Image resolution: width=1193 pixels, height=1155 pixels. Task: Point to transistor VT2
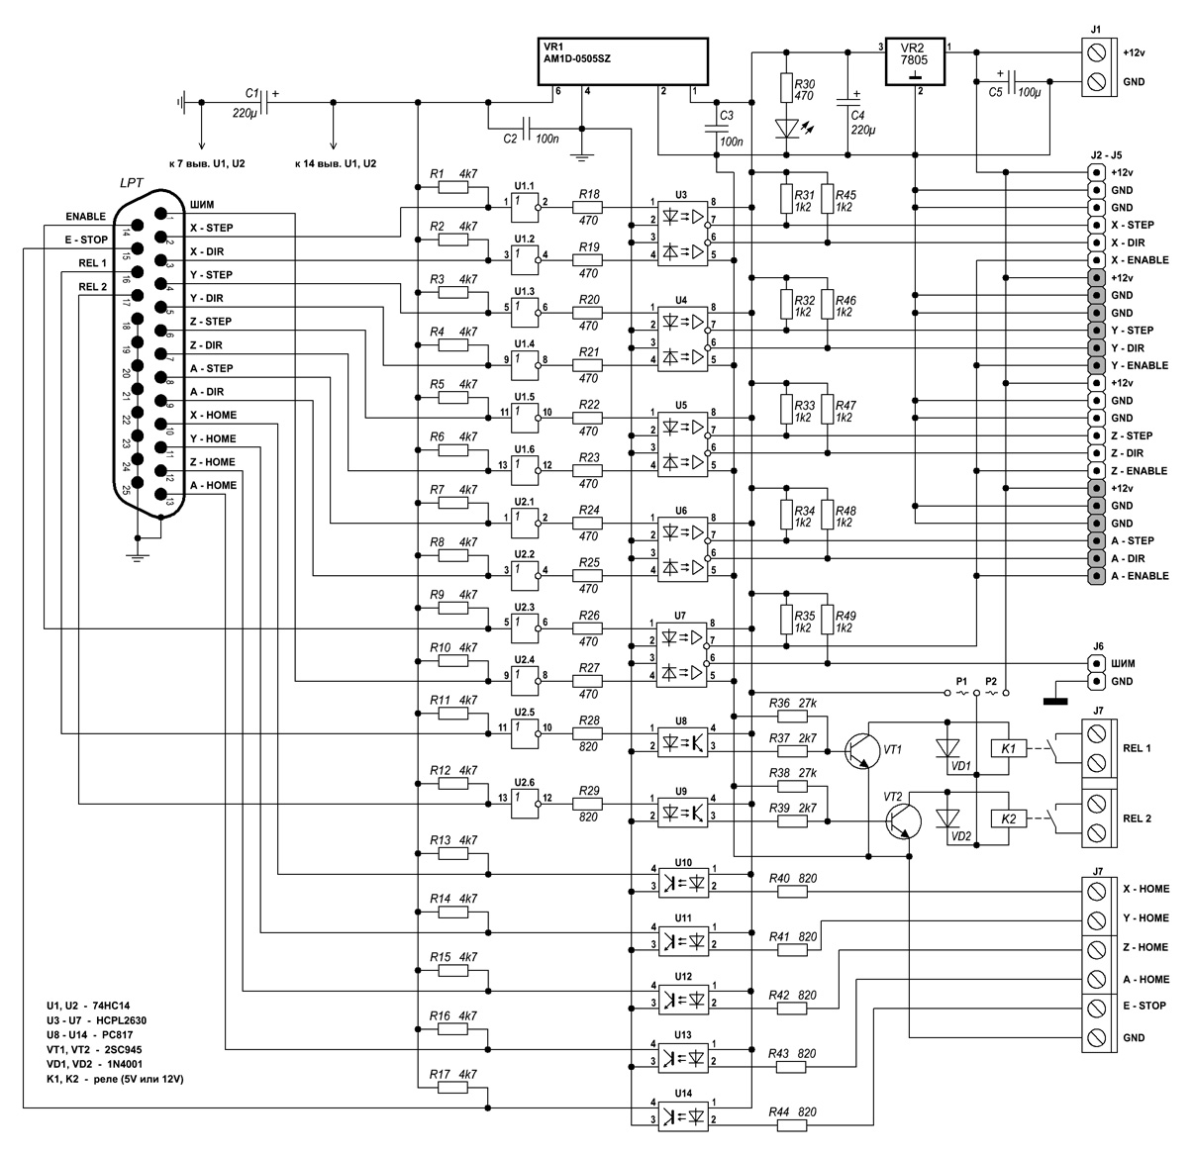pyautogui.click(x=902, y=820)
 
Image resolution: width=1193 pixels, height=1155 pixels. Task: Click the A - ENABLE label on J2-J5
pyautogui.click(x=1140, y=576)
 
